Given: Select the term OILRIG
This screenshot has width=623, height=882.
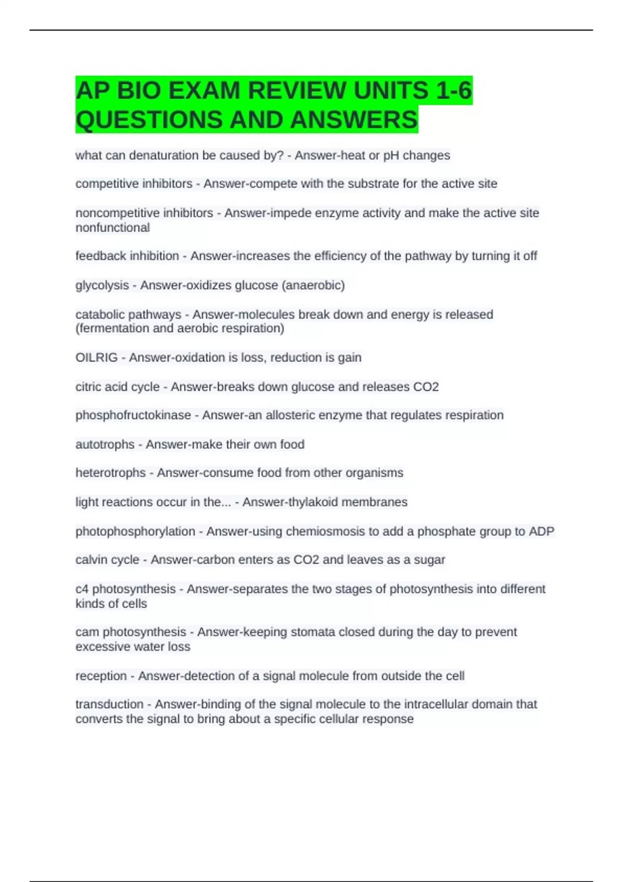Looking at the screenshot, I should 97,357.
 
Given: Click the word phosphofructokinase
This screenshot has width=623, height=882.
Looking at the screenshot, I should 133,415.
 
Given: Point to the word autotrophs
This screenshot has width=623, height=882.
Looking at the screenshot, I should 105,445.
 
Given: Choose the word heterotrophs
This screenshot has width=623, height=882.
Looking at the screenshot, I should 111,473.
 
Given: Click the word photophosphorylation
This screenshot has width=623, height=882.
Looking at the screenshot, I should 135,531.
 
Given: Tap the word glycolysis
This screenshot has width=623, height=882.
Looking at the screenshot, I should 102,285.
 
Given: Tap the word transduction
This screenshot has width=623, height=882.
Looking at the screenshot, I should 109,704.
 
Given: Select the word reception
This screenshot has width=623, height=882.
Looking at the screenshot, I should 101,676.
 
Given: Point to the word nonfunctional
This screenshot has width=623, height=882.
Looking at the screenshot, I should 113,227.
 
